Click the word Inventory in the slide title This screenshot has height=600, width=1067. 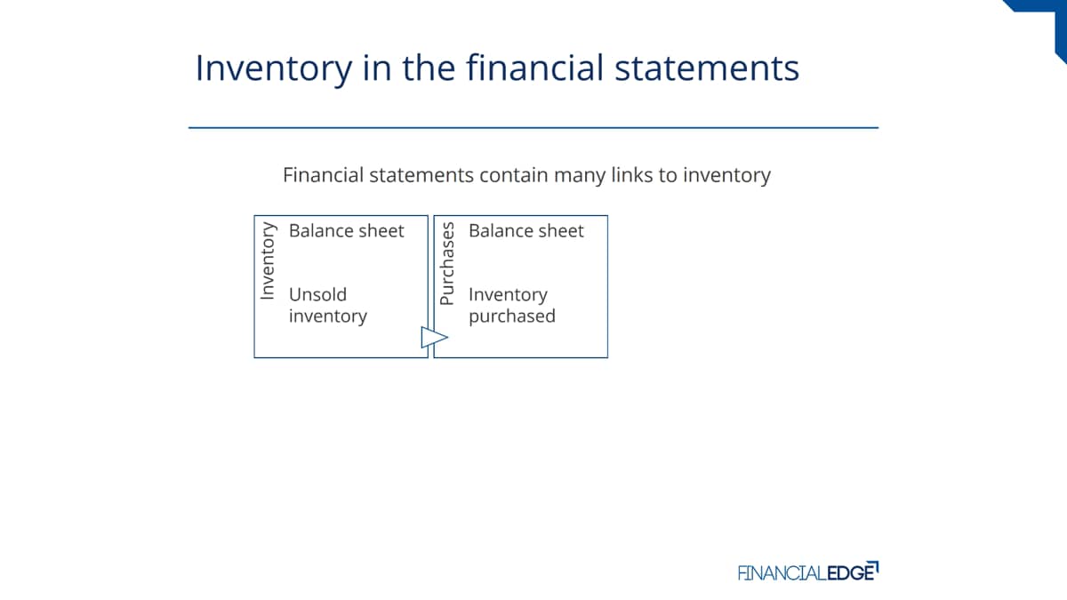coord(274,69)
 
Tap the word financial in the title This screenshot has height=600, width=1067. coord(535,68)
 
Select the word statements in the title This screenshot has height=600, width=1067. coord(707,68)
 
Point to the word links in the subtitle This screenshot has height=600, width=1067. coord(632,175)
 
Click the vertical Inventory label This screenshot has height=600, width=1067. coord(268,261)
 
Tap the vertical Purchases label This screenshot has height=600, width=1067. coord(447,263)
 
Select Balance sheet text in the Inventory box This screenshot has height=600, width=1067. coord(346,231)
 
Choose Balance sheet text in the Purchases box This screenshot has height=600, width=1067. coord(525,231)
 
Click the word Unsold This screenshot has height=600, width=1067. coord(317,295)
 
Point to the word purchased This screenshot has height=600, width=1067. coord(512,317)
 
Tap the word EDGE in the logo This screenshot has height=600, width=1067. coord(852,572)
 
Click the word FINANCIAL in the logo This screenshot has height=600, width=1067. coord(782,572)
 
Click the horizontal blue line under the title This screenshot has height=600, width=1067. coord(533,128)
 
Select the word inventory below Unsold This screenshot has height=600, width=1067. coord(328,316)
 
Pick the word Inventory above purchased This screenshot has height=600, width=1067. coord(509,296)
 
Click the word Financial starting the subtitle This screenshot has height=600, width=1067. coord(324,175)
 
